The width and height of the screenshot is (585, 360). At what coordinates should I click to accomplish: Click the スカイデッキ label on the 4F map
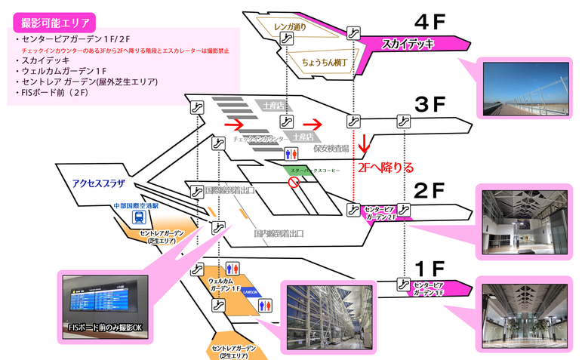coord(408,43)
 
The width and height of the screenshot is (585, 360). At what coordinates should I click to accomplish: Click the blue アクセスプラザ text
coord(98,184)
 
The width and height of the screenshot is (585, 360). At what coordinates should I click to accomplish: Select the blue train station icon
coord(139,217)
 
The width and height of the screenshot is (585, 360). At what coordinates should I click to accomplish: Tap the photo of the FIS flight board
coord(103,300)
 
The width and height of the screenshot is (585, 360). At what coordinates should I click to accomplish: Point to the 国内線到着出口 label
coord(279,235)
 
